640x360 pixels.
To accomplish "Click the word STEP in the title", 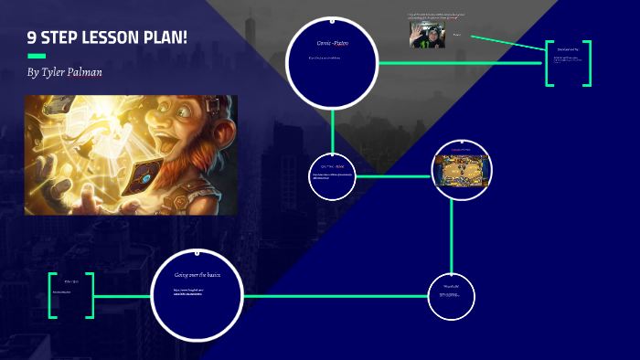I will [x=66, y=40].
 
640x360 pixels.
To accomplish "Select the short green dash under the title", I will [x=37, y=56].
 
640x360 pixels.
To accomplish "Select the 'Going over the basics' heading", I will [x=197, y=274].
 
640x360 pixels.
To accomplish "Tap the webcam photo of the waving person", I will [x=427, y=35].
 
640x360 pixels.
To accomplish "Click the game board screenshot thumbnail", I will [x=461, y=172].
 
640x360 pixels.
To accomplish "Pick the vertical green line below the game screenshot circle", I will [x=452, y=238].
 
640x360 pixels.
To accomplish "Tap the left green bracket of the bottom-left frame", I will [x=52, y=295].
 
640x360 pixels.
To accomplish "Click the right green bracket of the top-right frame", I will [x=586, y=63].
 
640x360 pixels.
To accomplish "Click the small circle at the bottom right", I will [x=452, y=297].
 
